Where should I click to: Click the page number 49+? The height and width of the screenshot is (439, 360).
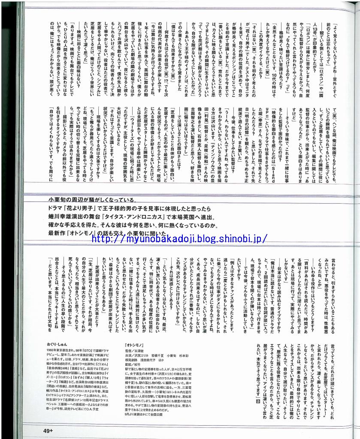[48, 430]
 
